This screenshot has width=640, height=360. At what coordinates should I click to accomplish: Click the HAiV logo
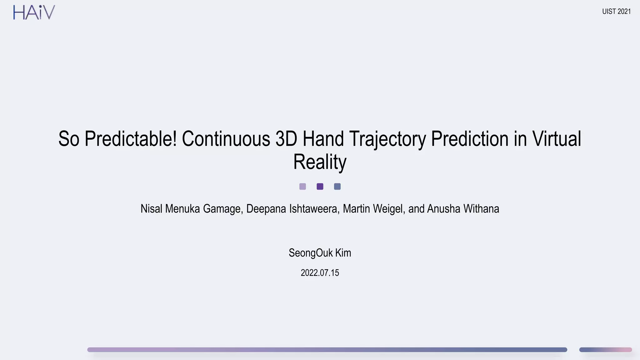[34, 12]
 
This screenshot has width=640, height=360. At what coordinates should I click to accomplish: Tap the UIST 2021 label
[616, 12]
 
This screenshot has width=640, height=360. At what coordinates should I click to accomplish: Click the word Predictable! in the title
[131, 139]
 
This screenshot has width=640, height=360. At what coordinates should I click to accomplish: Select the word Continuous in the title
[226, 139]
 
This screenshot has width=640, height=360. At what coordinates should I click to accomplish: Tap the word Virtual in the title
[557, 139]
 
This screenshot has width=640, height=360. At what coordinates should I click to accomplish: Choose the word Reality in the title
[320, 162]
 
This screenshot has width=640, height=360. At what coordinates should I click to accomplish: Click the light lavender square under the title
[302, 187]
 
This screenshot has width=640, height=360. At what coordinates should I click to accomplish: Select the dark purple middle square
[320, 187]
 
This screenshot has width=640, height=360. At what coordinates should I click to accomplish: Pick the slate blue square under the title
[337, 187]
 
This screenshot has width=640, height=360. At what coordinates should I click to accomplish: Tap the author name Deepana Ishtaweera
[292, 209]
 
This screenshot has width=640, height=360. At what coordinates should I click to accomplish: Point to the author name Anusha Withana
[463, 209]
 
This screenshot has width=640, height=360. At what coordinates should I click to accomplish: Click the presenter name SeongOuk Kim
[320, 253]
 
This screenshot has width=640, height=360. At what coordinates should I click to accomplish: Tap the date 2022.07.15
[320, 273]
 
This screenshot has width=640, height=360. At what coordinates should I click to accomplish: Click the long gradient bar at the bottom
[327, 350]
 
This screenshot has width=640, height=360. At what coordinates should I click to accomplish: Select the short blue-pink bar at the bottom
[605, 350]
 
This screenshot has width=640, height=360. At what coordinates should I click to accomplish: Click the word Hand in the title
[323, 139]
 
